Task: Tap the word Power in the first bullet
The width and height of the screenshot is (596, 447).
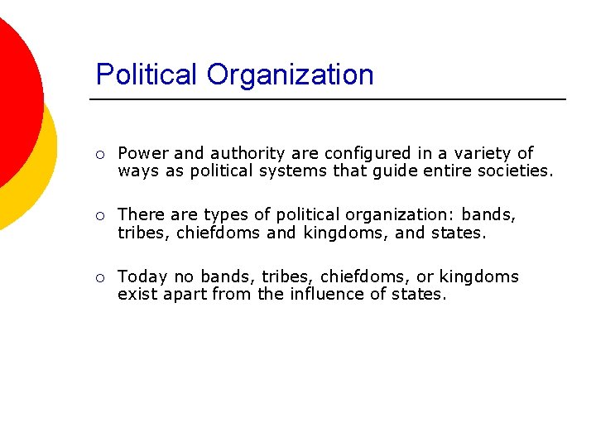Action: tap(143, 153)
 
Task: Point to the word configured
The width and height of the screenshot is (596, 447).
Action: tap(362, 154)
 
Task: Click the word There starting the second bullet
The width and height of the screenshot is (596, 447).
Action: tap(141, 214)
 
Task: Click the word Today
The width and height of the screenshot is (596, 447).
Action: tap(141, 277)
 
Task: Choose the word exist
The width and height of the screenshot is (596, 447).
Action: tap(135, 294)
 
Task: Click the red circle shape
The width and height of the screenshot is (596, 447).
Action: tap(12, 91)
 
